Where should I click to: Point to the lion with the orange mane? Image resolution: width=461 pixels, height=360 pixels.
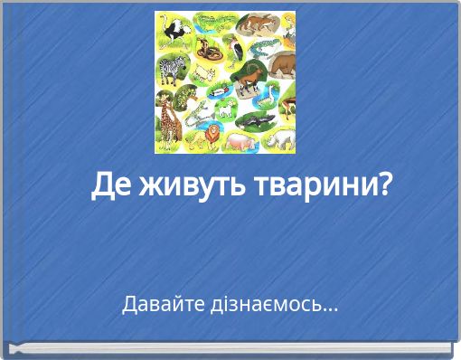point(210,136)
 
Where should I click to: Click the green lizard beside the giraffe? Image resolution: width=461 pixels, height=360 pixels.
point(196,112)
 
